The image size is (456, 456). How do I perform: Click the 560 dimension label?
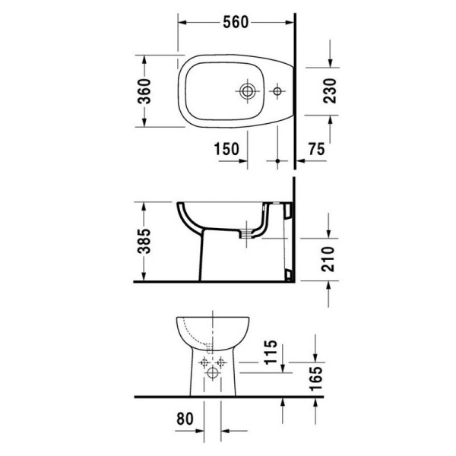pos(236,23)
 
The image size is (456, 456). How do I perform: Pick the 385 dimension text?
pos(151,242)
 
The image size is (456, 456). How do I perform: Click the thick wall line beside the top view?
pos(293,84)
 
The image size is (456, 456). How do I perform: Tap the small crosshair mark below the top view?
pos(277,161)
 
